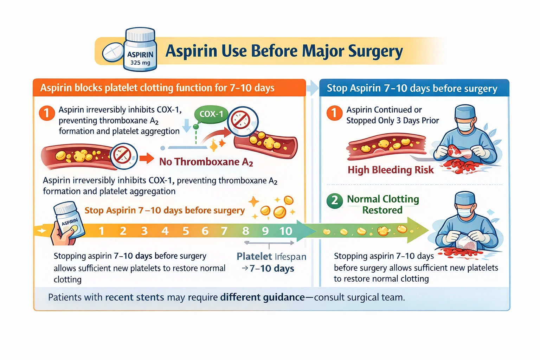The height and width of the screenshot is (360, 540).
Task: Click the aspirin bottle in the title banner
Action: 140,50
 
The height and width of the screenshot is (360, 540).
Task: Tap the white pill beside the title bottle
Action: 113,52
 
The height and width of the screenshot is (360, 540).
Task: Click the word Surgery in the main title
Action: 375,51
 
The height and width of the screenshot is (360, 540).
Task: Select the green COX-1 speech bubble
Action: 211,114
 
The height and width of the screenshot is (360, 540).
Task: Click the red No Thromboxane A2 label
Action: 206,162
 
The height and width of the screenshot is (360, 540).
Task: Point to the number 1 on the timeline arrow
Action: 102,231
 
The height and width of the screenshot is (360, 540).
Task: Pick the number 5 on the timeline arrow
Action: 186,231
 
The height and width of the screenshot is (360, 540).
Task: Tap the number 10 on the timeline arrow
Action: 285,231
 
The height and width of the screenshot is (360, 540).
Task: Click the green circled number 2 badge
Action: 334,201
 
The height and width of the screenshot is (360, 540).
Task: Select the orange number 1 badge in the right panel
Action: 334,113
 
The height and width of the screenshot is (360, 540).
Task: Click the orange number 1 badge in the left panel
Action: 47,113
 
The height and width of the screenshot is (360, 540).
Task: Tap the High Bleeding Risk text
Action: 391,170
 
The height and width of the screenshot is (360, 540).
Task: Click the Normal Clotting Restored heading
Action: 383,204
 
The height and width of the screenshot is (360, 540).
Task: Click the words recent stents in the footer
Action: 135,297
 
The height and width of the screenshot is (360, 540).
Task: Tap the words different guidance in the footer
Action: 262,297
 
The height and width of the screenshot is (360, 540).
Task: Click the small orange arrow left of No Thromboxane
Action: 146,159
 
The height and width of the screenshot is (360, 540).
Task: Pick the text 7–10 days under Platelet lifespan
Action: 271,269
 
